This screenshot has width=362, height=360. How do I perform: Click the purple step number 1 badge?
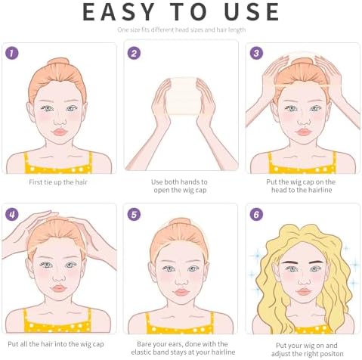click(12, 53)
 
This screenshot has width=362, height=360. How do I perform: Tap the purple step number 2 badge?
click(134, 53)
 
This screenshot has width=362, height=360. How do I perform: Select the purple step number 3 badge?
click(256, 53)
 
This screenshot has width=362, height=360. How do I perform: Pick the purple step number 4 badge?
click(12, 215)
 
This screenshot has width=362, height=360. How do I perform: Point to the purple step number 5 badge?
click(134, 215)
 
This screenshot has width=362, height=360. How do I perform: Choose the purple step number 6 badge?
click(256, 215)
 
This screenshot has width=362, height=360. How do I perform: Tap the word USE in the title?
click(252, 12)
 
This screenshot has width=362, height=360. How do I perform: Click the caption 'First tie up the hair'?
click(58, 182)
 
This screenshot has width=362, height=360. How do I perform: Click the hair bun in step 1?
click(58, 62)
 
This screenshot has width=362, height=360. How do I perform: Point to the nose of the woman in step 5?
click(181, 281)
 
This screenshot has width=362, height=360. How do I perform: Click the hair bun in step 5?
click(180, 222)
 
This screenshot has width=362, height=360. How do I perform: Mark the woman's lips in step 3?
click(304, 132)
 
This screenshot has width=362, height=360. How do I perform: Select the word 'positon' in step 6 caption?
click(331, 354)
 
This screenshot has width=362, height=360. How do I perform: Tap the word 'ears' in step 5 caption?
click(178, 344)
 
